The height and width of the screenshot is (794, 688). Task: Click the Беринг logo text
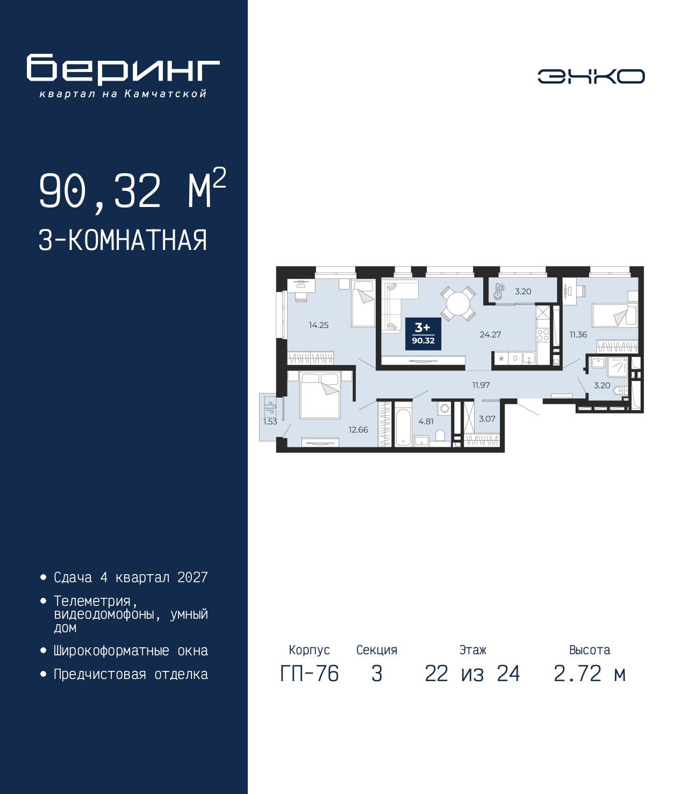tap(123, 69)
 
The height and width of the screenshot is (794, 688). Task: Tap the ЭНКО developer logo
tap(591, 76)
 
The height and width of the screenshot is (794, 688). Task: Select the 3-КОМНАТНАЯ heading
tap(123, 240)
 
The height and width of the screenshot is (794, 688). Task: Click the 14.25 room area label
tap(318, 325)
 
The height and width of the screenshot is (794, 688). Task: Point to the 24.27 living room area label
tap(490, 334)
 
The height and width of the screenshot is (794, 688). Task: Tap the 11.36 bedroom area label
tap(578, 334)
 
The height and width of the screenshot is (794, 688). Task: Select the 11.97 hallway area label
tap(481, 385)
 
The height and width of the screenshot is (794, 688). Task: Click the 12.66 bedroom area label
tap(358, 430)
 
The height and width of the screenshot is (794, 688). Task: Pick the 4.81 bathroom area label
tap(426, 421)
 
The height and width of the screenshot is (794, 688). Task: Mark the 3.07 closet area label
tap(487, 419)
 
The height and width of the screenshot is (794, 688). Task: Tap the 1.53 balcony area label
tap(270, 421)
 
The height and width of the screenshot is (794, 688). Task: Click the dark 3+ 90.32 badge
tap(423, 334)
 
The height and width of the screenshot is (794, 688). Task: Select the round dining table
tap(457, 304)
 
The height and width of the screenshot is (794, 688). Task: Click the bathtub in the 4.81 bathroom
tap(403, 428)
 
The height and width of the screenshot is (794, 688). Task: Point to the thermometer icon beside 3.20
tap(498, 291)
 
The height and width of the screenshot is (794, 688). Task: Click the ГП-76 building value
tap(309, 674)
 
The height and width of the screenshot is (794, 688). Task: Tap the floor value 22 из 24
tap(472, 674)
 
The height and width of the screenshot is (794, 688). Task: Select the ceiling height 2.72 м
tap(590, 674)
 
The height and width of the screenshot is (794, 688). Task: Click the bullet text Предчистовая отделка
tap(131, 674)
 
